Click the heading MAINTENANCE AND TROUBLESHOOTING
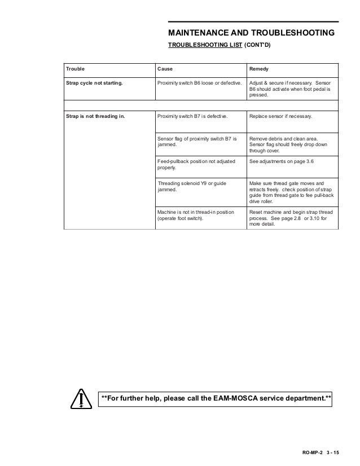click(x=252, y=33)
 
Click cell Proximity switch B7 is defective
click(x=192, y=116)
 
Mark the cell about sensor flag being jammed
click(x=197, y=141)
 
